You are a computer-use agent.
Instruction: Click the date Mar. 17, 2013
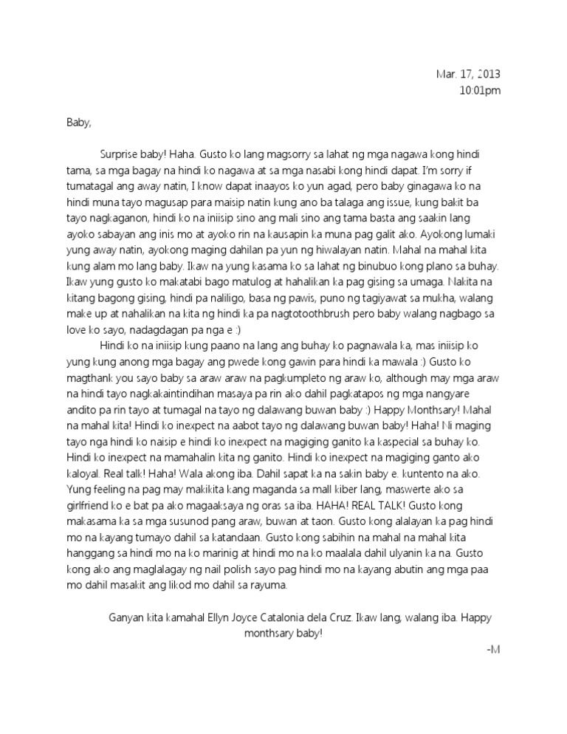click(467, 75)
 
